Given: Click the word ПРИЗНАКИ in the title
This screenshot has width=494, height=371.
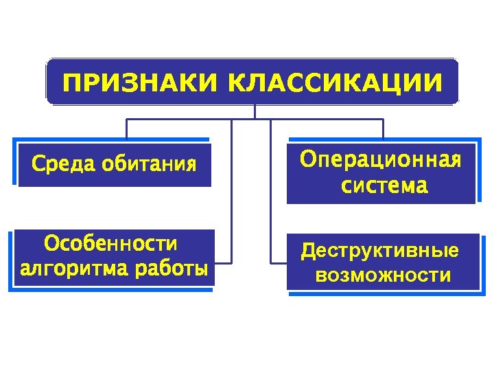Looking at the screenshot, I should tap(139, 83).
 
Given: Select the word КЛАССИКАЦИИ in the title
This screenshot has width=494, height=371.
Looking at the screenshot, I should tap(335, 83).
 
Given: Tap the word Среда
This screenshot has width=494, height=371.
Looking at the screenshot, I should tap(63, 165).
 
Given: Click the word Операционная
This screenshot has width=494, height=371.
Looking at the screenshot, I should tap(381, 160).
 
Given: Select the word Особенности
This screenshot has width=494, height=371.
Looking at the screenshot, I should tap(110, 244).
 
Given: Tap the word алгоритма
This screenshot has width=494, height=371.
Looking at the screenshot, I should tap(73, 268).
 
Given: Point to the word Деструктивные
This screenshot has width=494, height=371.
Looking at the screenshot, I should tap(380, 251).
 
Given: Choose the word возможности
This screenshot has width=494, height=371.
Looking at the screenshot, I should tap(383, 276).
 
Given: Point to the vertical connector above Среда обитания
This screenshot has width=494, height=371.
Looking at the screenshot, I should tap(126, 129).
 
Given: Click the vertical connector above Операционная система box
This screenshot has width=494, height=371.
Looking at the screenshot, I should tap(383, 129).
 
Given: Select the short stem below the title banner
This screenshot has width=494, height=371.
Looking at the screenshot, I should tap(255, 111).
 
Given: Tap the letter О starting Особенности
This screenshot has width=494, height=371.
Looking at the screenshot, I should tap(50, 244).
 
